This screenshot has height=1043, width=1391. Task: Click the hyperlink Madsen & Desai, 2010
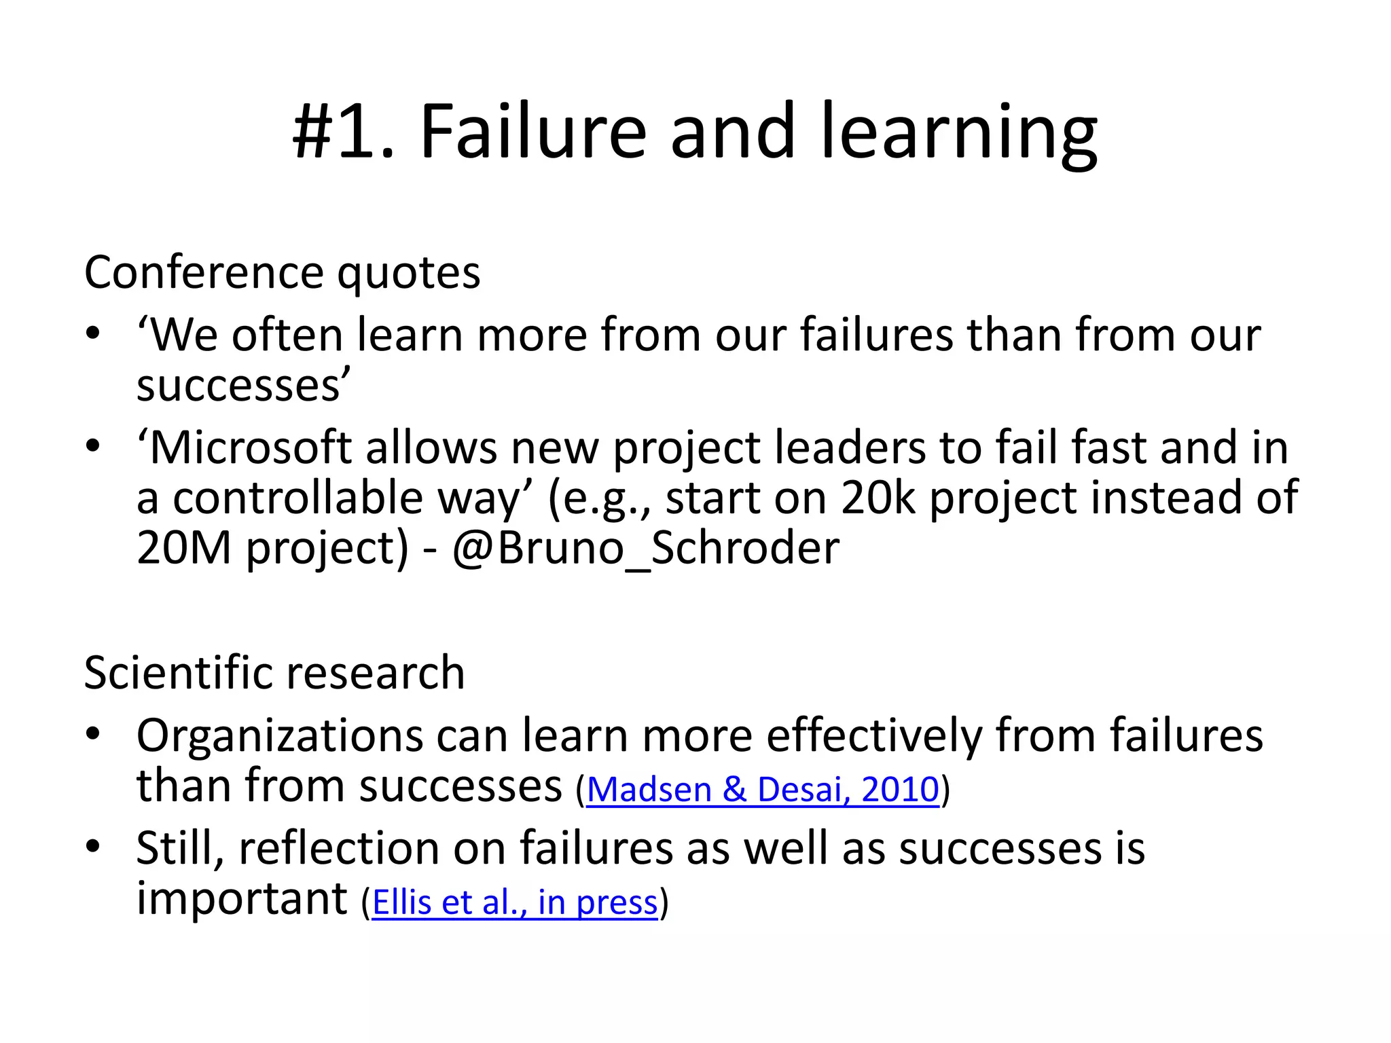click(x=762, y=790)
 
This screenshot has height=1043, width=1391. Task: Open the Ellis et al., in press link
click(x=515, y=902)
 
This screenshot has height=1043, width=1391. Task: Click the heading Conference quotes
click(x=282, y=272)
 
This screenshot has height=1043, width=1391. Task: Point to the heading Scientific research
click(x=274, y=672)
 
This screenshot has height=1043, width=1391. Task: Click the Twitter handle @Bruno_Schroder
click(x=645, y=547)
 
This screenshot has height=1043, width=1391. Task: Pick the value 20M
click(x=184, y=547)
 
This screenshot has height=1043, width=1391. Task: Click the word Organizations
click(x=279, y=735)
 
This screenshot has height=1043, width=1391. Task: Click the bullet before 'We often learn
click(x=93, y=335)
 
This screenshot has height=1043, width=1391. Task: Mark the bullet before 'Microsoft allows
click(x=93, y=447)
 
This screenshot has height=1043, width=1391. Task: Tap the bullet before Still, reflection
click(x=93, y=847)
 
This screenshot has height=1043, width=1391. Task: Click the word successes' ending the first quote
click(x=242, y=385)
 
